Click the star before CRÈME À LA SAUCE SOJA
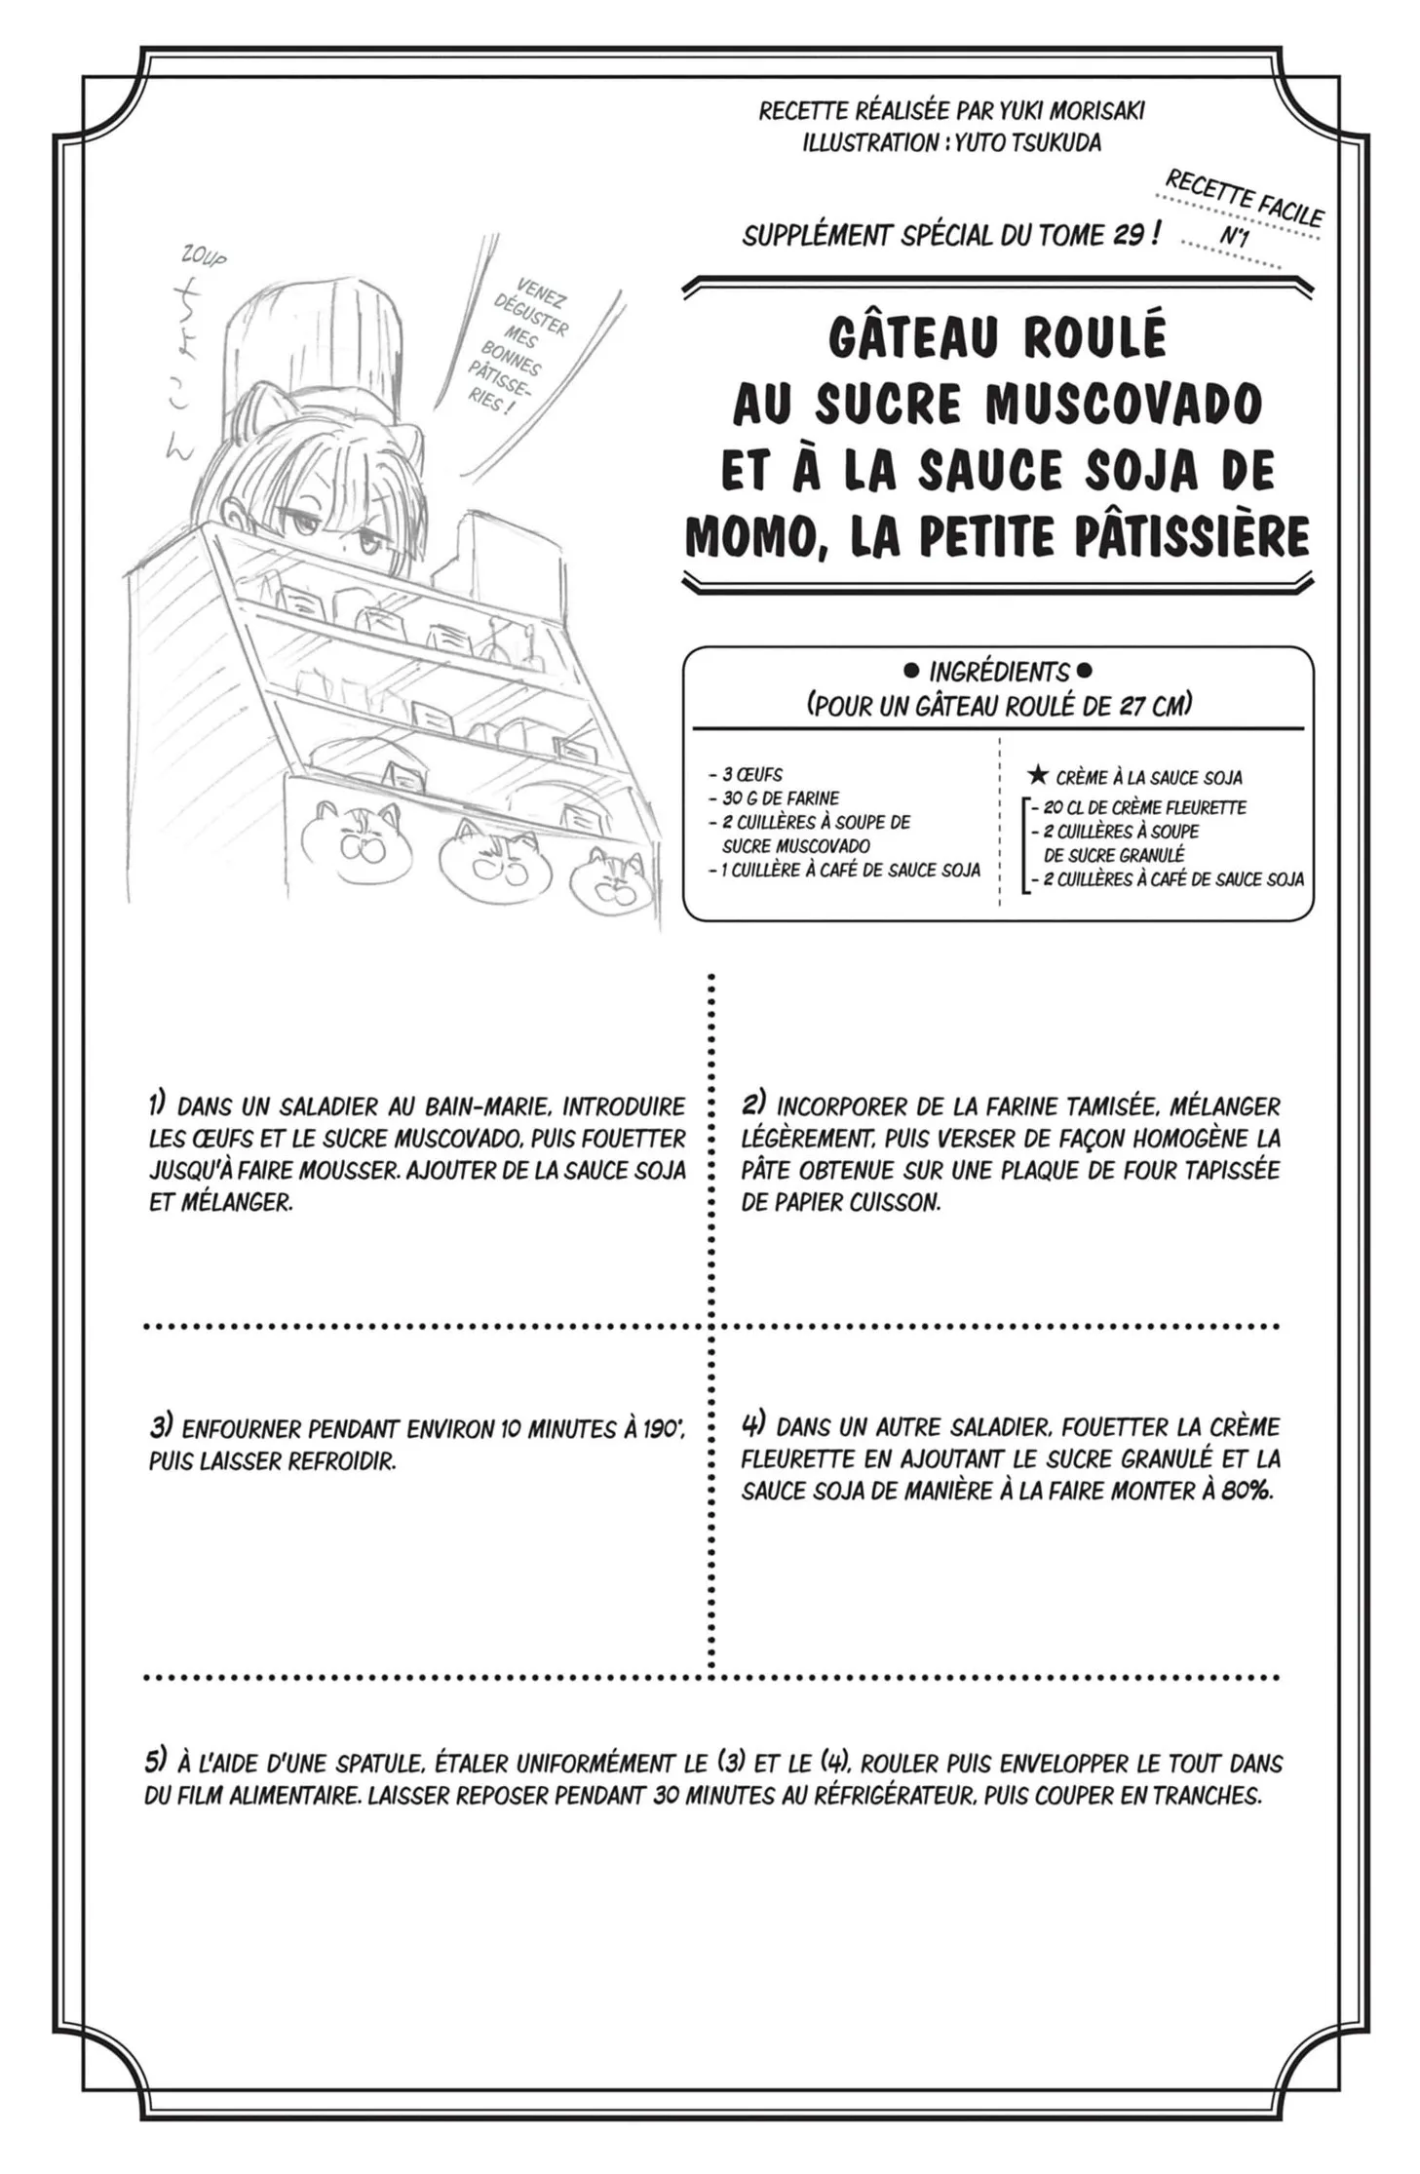click(1038, 776)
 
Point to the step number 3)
click(160, 1427)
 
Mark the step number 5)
click(156, 1761)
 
